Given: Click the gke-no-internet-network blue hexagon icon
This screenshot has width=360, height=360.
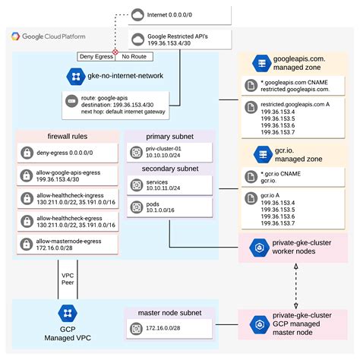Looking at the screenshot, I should coord(76,76).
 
